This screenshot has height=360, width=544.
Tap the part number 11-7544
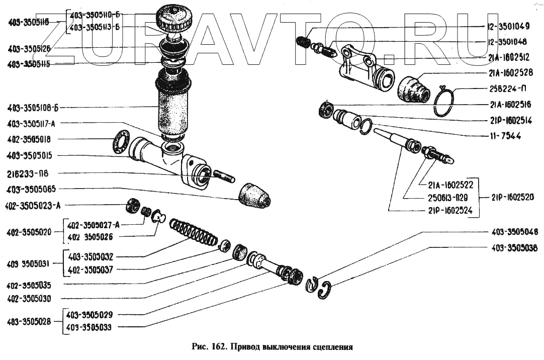tap(504, 136)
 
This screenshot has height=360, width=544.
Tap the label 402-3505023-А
tap(34, 205)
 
